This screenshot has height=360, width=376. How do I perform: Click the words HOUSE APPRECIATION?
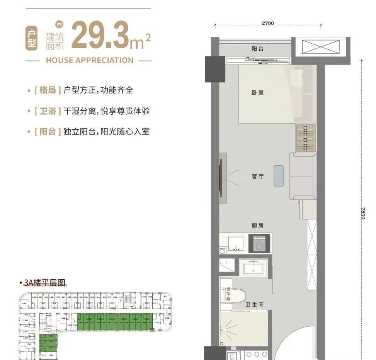pyautogui.click(x=89, y=60)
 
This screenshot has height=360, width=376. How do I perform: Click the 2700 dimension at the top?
pyautogui.click(x=267, y=23)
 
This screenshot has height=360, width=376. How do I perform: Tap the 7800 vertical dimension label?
pyautogui.click(x=362, y=213)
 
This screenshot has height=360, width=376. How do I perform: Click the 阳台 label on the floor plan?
pyautogui.click(x=258, y=49)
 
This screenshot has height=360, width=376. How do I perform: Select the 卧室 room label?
pyautogui.click(x=258, y=93)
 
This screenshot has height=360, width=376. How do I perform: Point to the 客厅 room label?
pyautogui.click(x=258, y=177)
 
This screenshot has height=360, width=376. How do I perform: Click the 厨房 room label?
pyautogui.click(x=258, y=226)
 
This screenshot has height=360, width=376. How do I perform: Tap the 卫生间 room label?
pyautogui.click(x=255, y=305)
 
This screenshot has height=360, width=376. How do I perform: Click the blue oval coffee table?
pyautogui.click(x=279, y=176)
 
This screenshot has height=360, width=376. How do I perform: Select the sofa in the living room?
pyautogui.click(x=302, y=176)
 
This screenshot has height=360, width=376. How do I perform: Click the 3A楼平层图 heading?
pyautogui.click(x=43, y=284)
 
